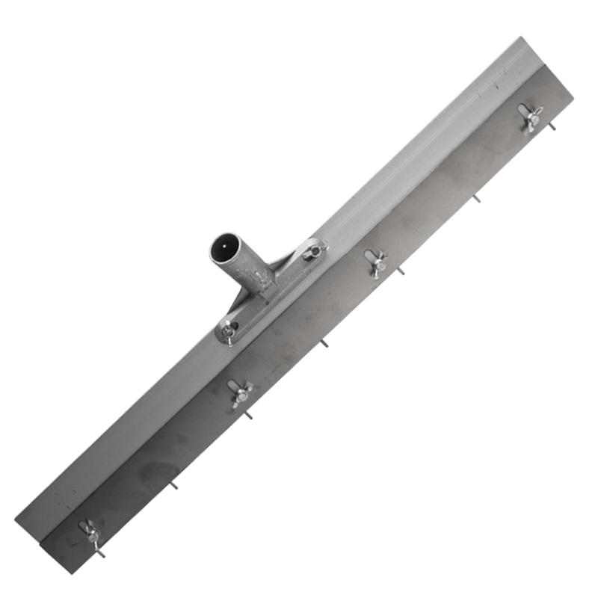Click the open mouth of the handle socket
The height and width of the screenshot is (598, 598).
tap(225, 247)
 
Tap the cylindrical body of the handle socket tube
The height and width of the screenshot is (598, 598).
tap(243, 265)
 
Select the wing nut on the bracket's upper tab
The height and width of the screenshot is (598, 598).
tap(314, 250)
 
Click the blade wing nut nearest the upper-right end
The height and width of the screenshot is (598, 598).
tap(531, 116)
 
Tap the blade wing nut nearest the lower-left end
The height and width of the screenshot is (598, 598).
tap(92, 533)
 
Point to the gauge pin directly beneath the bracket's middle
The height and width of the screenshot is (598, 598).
tap(324, 343)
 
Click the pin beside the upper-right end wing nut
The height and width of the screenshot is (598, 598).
tap(552, 126)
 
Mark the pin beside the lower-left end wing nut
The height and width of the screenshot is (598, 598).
tap(99, 552)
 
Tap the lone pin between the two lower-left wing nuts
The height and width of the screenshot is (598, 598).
tap(173, 484)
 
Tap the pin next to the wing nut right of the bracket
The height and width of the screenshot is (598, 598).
tap(400, 271)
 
